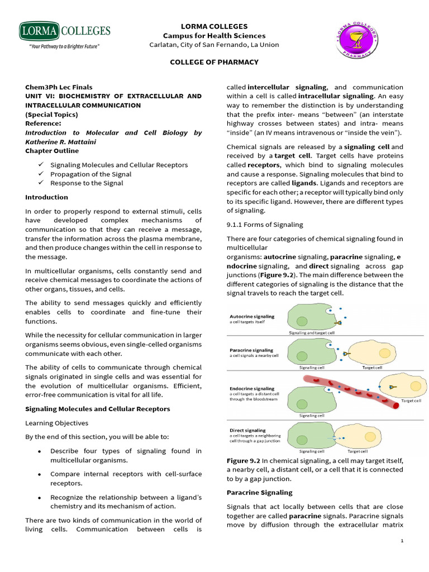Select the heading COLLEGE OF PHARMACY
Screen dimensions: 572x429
point(214,62)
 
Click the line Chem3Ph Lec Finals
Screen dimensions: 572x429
point(59,87)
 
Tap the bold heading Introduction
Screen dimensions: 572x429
point(46,197)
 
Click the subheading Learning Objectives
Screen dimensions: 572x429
point(56,423)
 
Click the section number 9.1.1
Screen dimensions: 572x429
point(237,225)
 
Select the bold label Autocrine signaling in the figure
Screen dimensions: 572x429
point(252,316)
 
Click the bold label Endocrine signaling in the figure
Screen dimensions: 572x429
point(252,388)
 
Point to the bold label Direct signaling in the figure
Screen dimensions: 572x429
point(247,430)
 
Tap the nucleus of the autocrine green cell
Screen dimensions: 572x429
point(302,321)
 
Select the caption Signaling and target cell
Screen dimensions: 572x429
point(312,332)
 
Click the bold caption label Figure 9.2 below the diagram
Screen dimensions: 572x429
point(244,460)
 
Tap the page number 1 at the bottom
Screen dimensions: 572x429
point(403,541)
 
